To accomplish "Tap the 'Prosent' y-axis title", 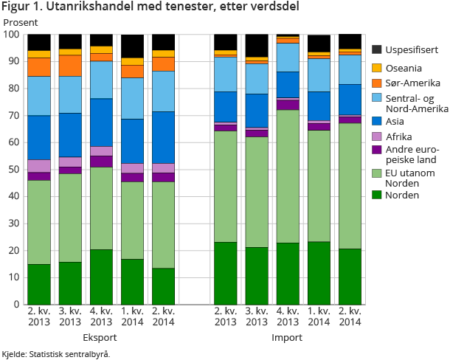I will pos(20,23).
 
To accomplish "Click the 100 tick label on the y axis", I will pos(11,35).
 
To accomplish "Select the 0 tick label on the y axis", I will pos(16,304).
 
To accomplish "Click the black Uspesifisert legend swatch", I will pos(376,49).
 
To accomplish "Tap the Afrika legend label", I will pos(400,136).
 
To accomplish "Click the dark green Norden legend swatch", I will pos(376,195).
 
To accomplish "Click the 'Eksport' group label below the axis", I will pos(101,338).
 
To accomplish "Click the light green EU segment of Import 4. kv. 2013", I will pos(288,176).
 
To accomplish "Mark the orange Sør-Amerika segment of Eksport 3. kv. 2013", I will pos(70,66).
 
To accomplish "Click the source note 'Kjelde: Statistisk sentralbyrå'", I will pos(55,354).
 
